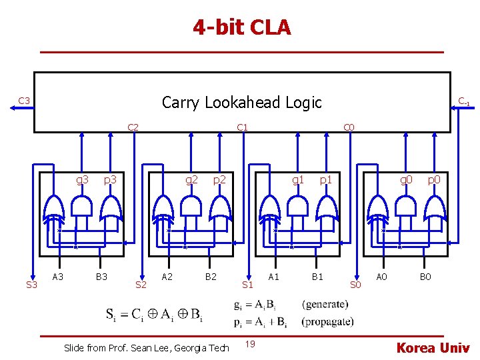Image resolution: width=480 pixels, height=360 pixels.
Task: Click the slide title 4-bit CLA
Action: (242, 28)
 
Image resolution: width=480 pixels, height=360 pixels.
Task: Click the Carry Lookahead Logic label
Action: (241, 102)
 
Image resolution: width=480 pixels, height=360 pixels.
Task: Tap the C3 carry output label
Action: (23, 101)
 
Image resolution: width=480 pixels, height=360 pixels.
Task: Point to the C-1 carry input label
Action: (463, 101)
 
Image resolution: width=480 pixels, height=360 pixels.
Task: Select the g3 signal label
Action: (83, 179)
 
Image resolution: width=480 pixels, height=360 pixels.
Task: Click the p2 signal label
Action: (219, 179)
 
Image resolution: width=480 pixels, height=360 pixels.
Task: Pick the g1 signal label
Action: (298, 179)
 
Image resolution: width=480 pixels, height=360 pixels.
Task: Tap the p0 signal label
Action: (434, 179)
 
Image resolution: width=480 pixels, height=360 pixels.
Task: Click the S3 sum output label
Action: (31, 285)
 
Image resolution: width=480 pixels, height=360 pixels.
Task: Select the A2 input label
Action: (168, 276)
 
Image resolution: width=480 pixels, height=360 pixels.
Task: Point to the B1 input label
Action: (318, 276)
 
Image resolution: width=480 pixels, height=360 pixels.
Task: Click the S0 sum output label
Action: (355, 285)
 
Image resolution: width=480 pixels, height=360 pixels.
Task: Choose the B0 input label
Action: (425, 276)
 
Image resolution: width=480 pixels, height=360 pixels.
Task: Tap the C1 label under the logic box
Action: (242, 127)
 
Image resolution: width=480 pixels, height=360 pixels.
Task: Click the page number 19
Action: (249, 344)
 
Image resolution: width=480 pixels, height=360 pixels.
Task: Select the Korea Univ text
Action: (433, 347)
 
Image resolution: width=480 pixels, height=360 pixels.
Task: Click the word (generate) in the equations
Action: (325, 305)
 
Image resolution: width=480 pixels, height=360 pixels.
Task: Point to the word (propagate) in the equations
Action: (327, 321)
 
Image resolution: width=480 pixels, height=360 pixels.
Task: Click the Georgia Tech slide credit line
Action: (146, 347)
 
